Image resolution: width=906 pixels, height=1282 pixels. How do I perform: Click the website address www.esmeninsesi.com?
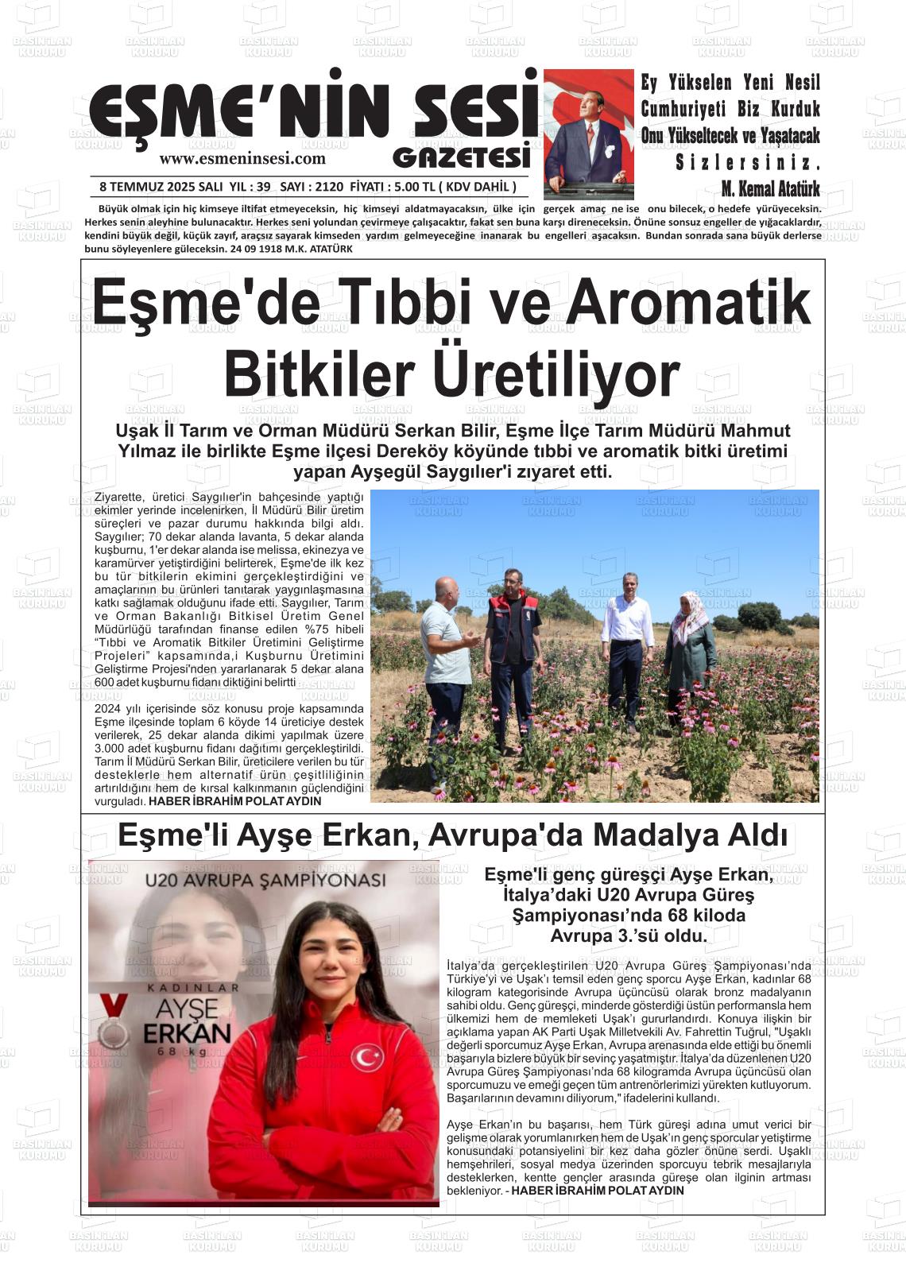coord(242,158)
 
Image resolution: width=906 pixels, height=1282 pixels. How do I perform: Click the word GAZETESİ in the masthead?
coord(461,157)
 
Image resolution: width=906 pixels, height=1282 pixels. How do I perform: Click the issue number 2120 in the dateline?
coord(328,188)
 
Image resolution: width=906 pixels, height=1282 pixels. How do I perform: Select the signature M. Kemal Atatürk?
coord(770,189)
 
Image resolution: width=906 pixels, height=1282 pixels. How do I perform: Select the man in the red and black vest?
coord(513,644)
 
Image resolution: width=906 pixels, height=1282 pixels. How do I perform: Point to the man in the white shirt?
coord(627,644)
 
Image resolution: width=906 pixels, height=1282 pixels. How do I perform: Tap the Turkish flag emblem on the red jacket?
coord(366,1058)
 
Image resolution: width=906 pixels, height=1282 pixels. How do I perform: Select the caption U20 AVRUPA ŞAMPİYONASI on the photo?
coord(265,881)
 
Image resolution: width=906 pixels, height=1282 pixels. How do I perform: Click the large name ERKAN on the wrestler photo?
coord(188,1033)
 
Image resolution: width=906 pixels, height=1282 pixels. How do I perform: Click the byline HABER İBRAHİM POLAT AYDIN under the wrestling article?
coord(597,1191)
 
